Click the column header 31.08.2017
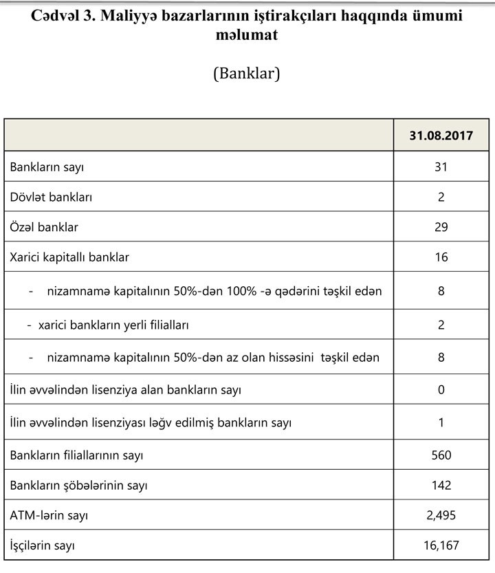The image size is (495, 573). (x=441, y=136)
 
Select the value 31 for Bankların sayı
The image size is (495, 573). (x=441, y=167)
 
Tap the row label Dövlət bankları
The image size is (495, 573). (x=52, y=197)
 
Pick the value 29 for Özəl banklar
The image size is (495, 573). (x=441, y=227)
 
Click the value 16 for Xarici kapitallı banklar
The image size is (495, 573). (x=441, y=257)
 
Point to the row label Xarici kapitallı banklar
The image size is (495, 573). (x=70, y=257)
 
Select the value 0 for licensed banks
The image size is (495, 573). (x=441, y=390)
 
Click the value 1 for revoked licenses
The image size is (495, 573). (x=441, y=422)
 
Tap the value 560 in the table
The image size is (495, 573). (x=441, y=455)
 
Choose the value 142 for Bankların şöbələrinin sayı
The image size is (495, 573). (x=441, y=485)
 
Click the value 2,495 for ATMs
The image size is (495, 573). (x=441, y=515)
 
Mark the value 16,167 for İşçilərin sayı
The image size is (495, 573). (x=441, y=546)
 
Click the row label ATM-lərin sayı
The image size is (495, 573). (x=49, y=515)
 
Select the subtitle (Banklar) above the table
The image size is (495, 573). (x=247, y=74)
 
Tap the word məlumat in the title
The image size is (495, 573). (x=247, y=34)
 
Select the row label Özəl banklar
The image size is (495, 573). (x=45, y=227)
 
